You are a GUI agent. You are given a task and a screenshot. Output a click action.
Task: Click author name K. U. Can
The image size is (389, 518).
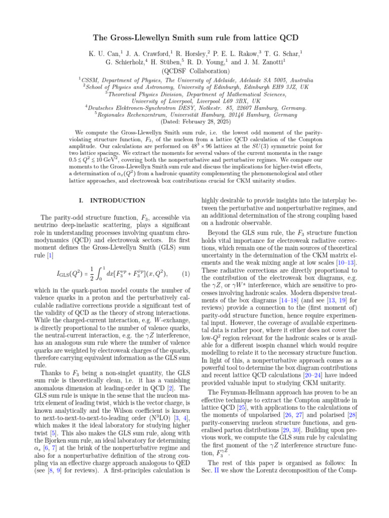click(x=105, y=53)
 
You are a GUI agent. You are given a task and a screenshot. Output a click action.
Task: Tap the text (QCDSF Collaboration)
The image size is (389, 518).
click(x=194, y=71)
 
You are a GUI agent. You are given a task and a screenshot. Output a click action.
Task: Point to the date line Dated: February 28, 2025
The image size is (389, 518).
click(x=194, y=122)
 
